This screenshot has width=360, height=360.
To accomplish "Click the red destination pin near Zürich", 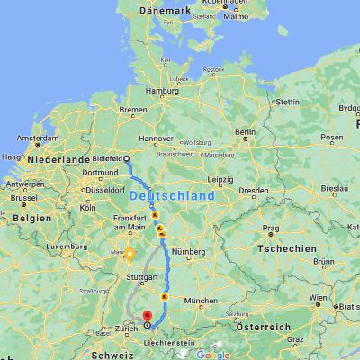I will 148,315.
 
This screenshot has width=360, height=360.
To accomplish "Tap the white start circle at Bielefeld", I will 127,159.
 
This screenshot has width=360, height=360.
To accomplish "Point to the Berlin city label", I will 246,132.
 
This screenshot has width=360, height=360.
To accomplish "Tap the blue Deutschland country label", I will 172,195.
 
